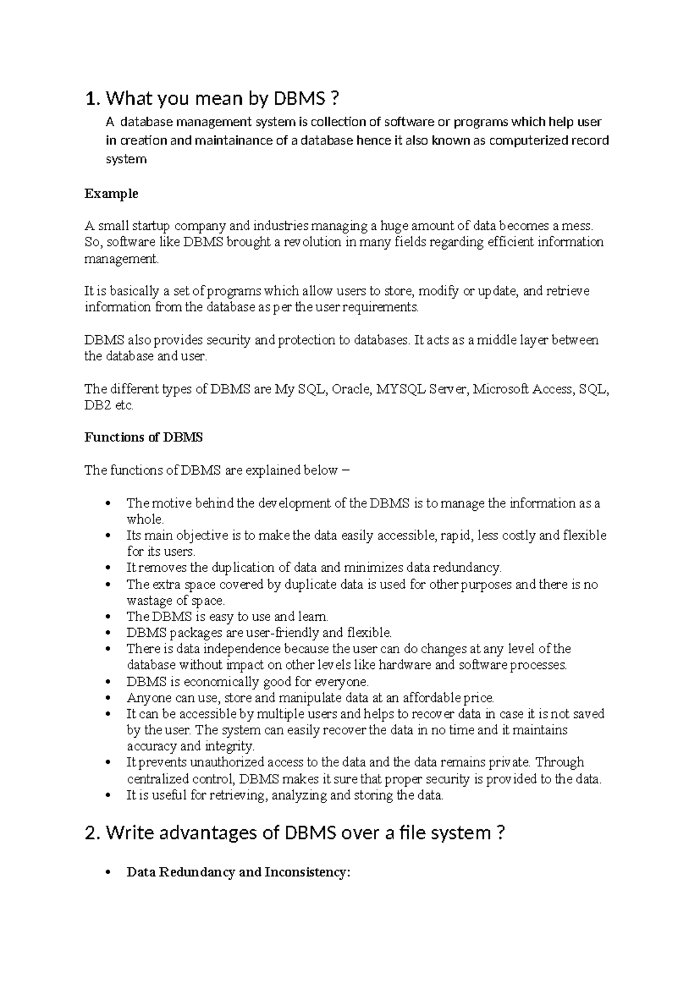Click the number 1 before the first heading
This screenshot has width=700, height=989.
point(89,99)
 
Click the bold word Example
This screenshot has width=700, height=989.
point(111,194)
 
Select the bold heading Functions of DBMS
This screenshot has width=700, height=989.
point(143,437)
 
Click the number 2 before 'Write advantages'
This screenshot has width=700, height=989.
point(90,833)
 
